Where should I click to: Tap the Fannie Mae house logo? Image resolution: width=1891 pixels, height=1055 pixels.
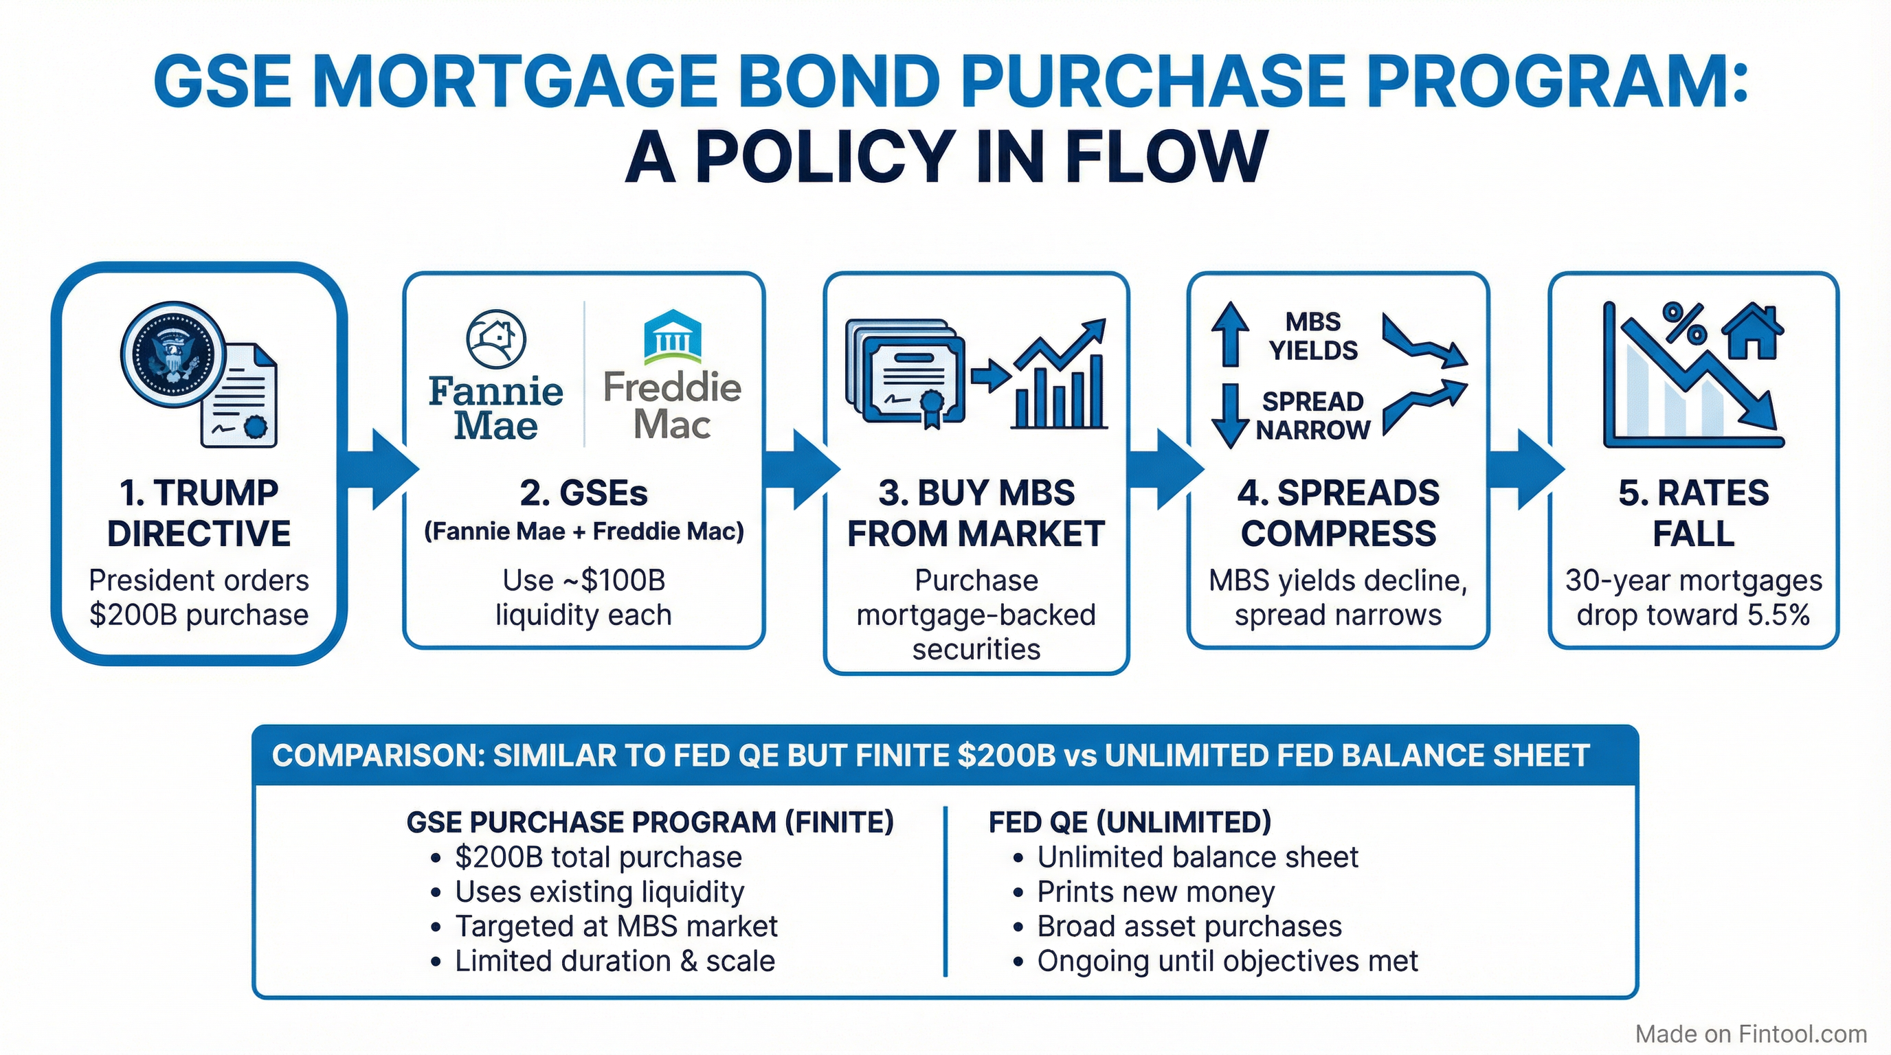point(496,338)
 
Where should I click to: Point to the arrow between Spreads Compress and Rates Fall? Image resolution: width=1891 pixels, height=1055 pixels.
point(1523,470)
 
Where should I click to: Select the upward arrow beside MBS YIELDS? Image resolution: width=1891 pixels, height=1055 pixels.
point(1231,334)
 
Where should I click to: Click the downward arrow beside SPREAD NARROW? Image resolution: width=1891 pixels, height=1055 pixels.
point(1231,416)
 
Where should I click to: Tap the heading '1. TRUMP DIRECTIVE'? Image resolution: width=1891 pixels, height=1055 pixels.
point(199,513)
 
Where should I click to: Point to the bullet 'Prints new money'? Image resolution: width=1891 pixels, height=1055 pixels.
point(1156,892)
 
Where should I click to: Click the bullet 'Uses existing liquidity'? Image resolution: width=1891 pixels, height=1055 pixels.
point(599,892)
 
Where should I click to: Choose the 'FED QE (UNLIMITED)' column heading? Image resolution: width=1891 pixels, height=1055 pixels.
point(1130,822)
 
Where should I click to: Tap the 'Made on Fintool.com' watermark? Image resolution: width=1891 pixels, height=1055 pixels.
point(1751,1034)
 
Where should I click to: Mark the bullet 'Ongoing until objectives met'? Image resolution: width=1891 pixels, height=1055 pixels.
point(1227,960)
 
